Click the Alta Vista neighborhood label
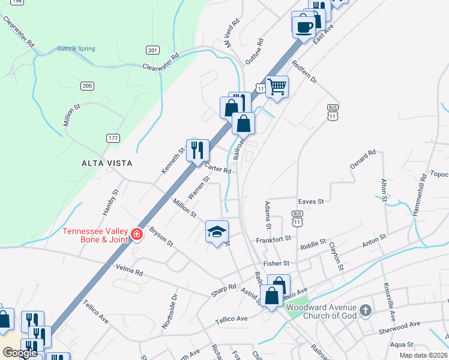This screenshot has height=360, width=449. pos(107,163)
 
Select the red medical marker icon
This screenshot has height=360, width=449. pos(137,234)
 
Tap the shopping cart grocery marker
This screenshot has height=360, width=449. pos(277,86)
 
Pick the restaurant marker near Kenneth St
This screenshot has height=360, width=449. pos(197,150)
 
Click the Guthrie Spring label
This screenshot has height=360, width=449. pos(74,49)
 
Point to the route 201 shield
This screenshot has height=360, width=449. pos(152,50)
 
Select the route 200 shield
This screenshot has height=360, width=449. pos(88,86)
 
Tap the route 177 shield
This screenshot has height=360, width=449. pos(112,139)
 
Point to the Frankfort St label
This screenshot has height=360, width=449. pos(273,238)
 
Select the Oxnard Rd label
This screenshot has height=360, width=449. pos(363,161)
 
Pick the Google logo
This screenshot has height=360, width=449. pos(20,353)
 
